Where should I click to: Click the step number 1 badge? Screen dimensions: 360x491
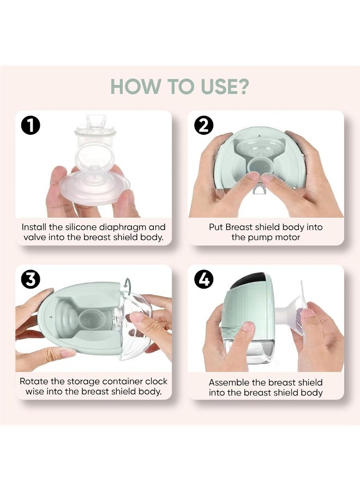[31, 126]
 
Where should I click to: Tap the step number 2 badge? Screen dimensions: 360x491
[203, 126]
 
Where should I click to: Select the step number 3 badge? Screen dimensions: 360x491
[31, 280]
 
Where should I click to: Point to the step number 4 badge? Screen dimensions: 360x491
[203, 280]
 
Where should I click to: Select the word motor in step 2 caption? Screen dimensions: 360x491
[287, 237]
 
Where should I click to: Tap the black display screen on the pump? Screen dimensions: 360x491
[249, 280]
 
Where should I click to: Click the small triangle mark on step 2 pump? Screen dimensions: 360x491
[259, 136]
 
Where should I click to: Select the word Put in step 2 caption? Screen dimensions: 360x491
[215, 227]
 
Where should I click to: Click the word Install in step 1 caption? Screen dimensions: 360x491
[34, 227]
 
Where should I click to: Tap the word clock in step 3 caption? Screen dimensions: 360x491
[156, 381]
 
